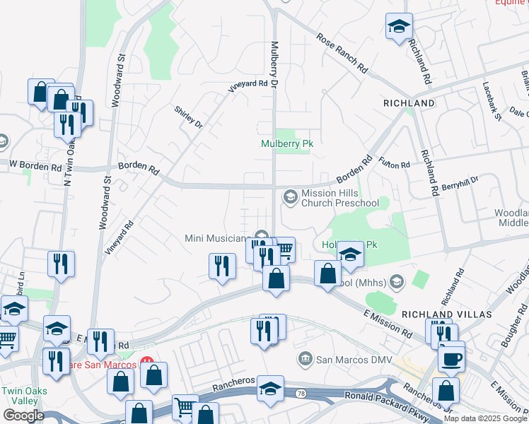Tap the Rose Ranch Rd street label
click(342, 54)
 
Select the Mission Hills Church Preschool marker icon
click(290, 196)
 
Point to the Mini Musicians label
click(218, 238)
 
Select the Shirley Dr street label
click(189, 117)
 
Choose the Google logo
click(23, 415)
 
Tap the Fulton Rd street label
click(395, 164)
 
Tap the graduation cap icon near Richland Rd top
click(399, 27)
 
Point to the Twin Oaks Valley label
click(20, 396)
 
